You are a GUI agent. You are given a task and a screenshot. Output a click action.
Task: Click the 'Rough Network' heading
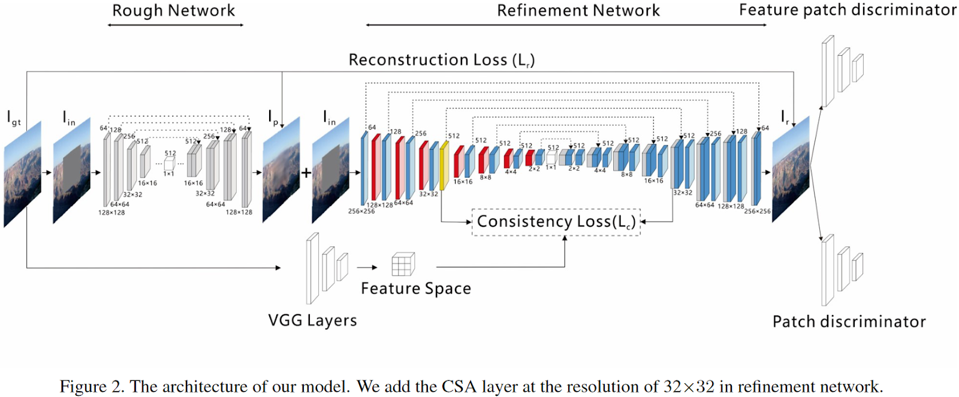(x=174, y=11)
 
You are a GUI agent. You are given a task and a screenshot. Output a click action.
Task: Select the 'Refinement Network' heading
(x=578, y=11)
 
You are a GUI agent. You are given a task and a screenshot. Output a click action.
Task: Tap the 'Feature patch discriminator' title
(x=848, y=10)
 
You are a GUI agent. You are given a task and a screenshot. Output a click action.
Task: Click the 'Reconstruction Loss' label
(x=441, y=60)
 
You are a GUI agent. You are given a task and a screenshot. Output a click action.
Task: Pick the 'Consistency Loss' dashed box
(x=556, y=222)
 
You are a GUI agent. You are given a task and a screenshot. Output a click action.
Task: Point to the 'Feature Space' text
(x=415, y=288)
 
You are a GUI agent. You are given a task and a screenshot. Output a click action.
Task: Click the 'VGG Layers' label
(x=312, y=320)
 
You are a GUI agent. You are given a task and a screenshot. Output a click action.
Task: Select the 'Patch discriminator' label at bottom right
(x=849, y=322)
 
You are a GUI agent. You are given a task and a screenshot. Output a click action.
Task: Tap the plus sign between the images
(x=306, y=173)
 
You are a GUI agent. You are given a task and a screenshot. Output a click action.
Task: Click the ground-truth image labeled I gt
(x=23, y=174)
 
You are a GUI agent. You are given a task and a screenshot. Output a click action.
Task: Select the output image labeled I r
(x=791, y=170)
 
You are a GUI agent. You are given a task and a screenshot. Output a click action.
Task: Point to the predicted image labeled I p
(x=281, y=170)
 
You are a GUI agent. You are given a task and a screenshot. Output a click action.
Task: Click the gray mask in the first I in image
(x=72, y=165)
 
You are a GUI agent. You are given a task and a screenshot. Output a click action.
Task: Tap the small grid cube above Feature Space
(x=403, y=263)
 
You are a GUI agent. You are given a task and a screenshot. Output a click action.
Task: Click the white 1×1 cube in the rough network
(x=170, y=163)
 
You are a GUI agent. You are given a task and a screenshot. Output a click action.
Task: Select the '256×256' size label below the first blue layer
(x=361, y=211)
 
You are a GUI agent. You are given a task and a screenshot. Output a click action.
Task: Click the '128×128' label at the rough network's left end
(x=111, y=212)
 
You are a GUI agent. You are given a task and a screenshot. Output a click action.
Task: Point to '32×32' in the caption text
(x=689, y=387)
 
